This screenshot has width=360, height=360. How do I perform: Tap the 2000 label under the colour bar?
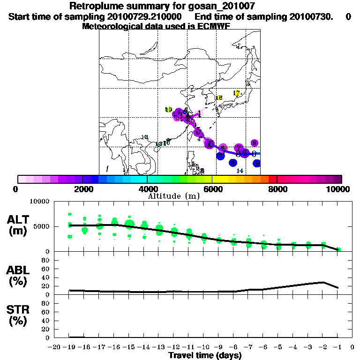pos(82,189)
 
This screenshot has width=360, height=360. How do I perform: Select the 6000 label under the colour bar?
pos(212,189)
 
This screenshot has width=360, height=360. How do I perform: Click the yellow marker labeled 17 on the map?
pos(236,93)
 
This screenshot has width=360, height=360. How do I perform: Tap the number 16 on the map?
pos(218,98)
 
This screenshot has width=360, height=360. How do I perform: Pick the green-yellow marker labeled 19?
pos(169,110)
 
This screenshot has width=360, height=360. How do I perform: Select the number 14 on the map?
pos(240,171)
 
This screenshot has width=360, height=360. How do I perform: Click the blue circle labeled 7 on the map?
pos(220,156)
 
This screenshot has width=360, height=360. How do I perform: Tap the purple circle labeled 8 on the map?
pos(254,143)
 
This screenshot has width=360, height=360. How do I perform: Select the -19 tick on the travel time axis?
pos(70,347)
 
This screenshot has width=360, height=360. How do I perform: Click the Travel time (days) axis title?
pos(205,355)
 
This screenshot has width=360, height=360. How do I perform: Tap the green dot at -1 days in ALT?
pos(338,249)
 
